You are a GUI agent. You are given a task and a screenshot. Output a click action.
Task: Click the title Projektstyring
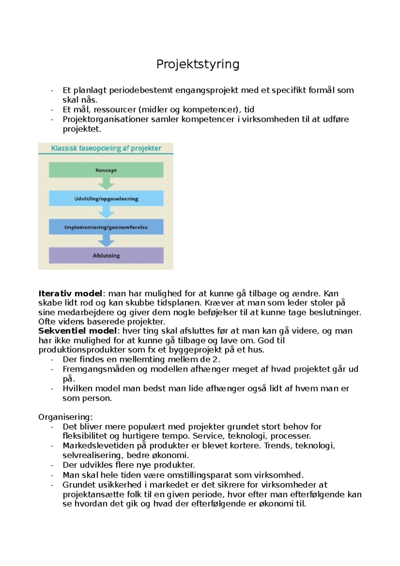[x=198, y=64]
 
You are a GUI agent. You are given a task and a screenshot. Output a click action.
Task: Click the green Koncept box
[x=106, y=170]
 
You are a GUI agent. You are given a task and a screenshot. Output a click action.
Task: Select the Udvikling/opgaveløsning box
[x=106, y=199]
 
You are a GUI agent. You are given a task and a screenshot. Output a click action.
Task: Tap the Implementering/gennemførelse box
[x=106, y=227]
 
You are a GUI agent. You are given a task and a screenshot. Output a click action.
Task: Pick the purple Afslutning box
[x=106, y=256]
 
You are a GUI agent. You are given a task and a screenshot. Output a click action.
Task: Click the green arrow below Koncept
[x=106, y=184]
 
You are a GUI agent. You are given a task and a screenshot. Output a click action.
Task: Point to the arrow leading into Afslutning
[x=106, y=241]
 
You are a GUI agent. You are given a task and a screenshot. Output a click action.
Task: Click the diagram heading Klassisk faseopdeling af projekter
[x=106, y=148]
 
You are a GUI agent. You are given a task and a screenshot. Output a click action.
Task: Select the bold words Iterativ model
[x=70, y=294]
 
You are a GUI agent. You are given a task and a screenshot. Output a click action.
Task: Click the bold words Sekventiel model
[x=78, y=331]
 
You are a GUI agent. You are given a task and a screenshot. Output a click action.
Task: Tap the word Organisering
[x=65, y=417]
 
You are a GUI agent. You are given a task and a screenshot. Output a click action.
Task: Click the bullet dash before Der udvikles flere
[x=52, y=465]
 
